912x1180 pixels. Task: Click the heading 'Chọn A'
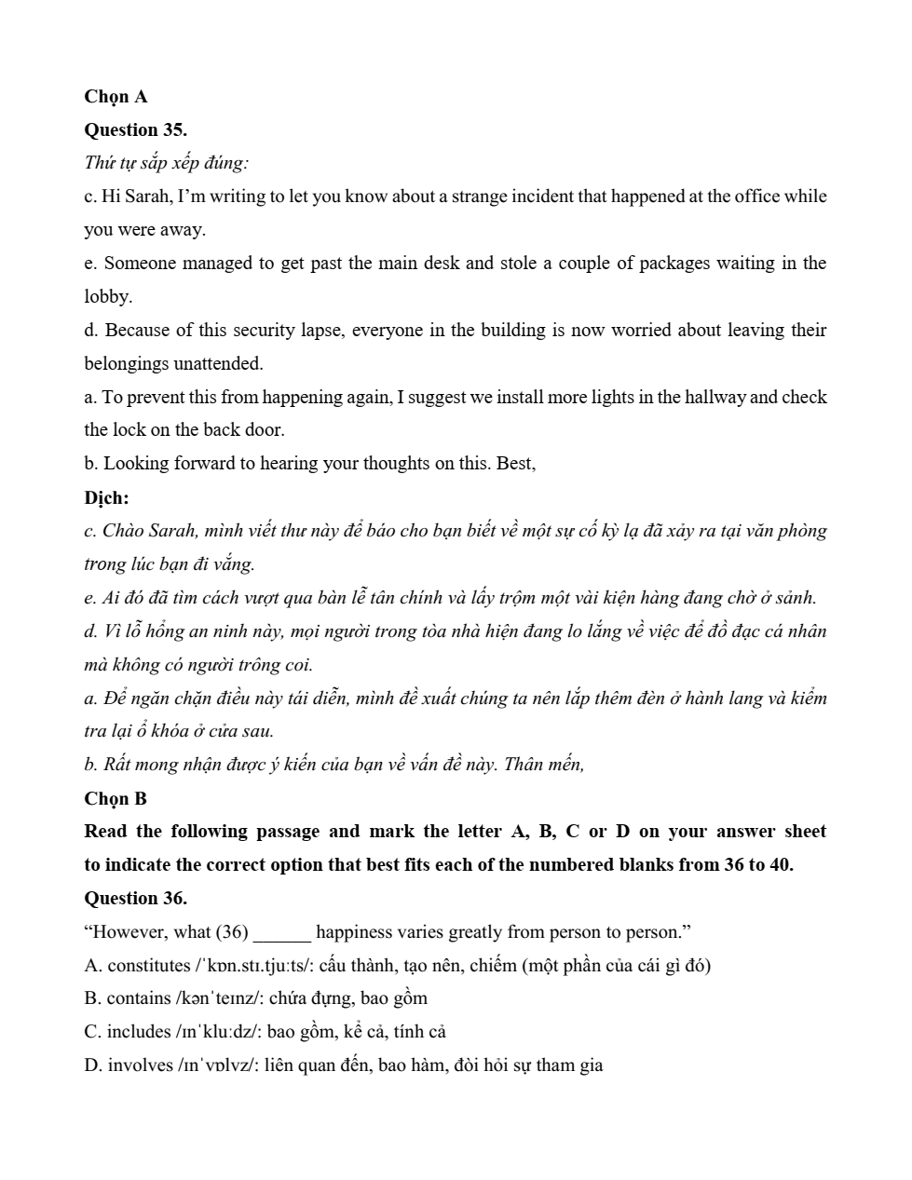tap(116, 97)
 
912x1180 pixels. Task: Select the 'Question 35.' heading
tap(135, 130)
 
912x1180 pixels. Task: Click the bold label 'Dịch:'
tap(106, 497)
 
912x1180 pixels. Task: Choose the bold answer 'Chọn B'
tap(116, 799)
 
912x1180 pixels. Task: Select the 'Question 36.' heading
tap(135, 899)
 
